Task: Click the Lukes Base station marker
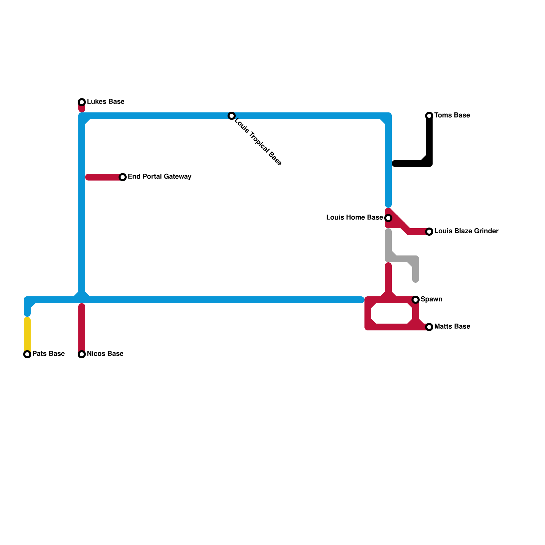click(82, 102)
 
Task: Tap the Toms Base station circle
click(429, 116)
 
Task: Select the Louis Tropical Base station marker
click(232, 116)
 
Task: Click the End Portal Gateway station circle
click(123, 177)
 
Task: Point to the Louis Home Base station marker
click(388, 218)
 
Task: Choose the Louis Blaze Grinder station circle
click(429, 232)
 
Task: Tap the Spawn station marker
click(416, 300)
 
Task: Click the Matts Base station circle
click(429, 327)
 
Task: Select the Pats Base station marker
click(27, 354)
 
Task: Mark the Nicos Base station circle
click(82, 354)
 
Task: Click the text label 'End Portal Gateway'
click(159, 177)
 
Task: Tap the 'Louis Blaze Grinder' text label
click(466, 231)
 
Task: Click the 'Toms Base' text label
click(452, 115)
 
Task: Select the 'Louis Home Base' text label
click(354, 218)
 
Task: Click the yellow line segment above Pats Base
click(27, 334)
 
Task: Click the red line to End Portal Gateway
click(104, 177)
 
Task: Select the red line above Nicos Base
click(82, 327)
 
